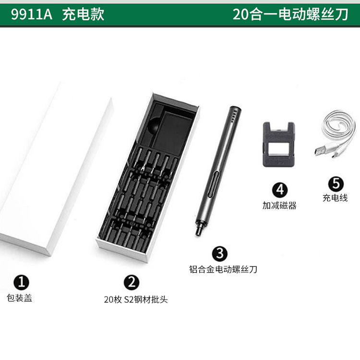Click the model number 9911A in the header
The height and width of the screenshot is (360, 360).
tap(32, 14)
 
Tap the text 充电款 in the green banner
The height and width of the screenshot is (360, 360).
tap(83, 14)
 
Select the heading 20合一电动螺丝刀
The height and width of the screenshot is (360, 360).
tap(290, 14)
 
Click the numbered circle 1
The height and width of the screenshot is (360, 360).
tap(21, 282)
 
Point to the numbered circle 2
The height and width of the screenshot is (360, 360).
tap(132, 282)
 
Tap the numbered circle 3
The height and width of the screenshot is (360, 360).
tap(220, 254)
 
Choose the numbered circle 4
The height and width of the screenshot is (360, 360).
tap(280, 190)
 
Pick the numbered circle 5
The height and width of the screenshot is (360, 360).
tap(336, 184)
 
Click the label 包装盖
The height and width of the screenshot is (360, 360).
tap(19, 298)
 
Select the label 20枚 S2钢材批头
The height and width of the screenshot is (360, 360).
tap(136, 300)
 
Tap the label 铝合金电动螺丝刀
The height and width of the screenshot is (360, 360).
tap(223, 269)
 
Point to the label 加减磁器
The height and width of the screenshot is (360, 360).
tap(279, 205)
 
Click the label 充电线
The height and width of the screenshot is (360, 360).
tap(335, 198)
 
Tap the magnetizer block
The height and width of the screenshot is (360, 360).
tap(279, 144)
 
